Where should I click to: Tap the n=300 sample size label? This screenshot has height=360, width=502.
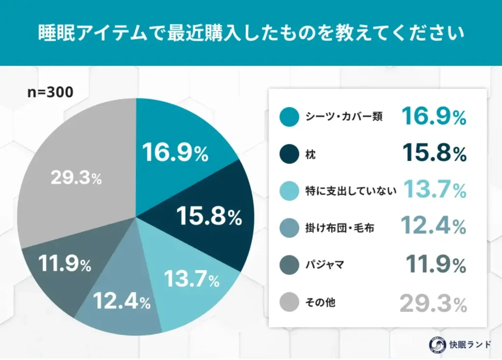50,92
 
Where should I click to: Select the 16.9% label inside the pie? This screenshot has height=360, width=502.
175,153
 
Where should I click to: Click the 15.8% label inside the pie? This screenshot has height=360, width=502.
209,216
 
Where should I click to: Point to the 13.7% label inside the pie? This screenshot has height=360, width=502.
191,280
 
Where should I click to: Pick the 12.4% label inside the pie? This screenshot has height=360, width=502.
121,301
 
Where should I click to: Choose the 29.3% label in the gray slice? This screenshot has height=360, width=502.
76,179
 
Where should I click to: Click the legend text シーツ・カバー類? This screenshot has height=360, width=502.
344,117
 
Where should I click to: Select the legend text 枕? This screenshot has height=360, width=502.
310,154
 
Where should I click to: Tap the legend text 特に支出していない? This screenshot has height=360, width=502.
350,191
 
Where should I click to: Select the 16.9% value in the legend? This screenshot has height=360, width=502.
433,116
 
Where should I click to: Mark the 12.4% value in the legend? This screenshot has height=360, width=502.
433,227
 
